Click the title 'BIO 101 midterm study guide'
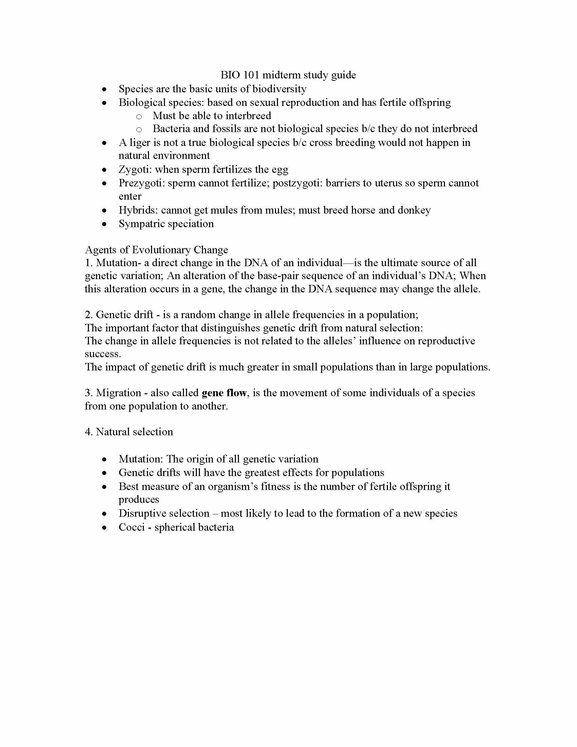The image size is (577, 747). [x=288, y=75]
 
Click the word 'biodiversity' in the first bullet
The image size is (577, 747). [x=279, y=89]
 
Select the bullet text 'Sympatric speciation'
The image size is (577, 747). [x=166, y=224]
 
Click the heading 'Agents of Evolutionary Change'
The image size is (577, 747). [x=156, y=250]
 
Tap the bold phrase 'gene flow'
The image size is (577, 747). [x=224, y=393]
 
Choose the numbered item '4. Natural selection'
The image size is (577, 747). [x=129, y=432]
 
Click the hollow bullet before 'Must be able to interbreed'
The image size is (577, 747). [x=139, y=116]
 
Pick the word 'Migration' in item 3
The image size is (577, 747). [x=118, y=393]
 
